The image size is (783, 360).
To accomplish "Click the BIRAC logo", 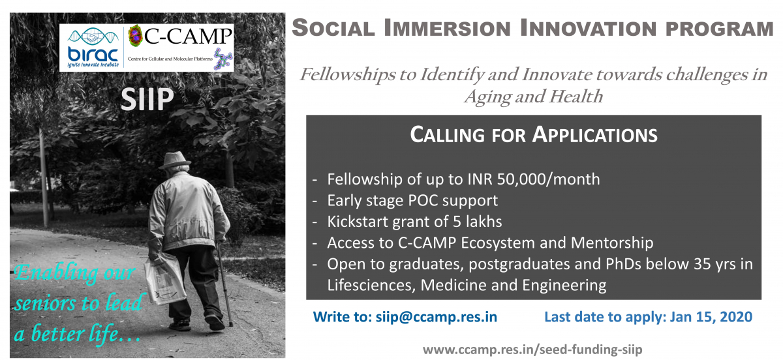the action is pos(92,48).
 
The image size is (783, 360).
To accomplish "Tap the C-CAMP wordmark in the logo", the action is pos(188,36).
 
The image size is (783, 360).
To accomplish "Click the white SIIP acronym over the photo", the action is pos(147,99).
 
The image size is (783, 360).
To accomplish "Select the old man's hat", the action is pos(175,160).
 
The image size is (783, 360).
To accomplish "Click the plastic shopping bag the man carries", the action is pos(165,277).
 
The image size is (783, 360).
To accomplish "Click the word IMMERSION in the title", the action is pos(447,28).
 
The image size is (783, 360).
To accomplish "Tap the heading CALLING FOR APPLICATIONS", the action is pos(534,135).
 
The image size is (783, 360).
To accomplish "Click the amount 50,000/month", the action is pos(548,179).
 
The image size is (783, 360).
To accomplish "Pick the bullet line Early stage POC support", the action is pos(412,201).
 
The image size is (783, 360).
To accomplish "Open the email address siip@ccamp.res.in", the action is pos(437,317).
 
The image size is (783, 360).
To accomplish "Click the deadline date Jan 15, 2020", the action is pos(711,317).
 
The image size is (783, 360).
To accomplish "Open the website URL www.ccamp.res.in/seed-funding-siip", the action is pos(532,349).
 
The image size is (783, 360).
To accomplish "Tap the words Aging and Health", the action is pos(534,97).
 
